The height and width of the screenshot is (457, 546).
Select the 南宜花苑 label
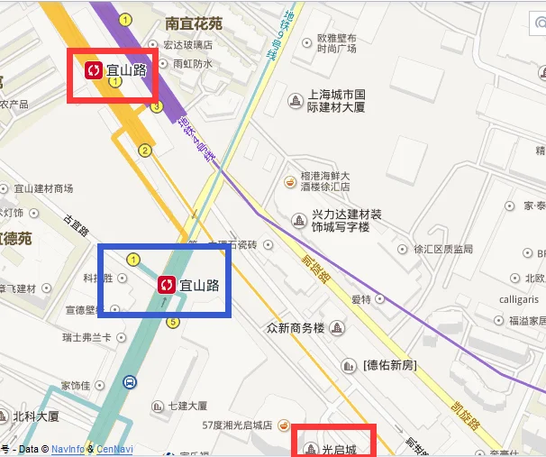(194, 24)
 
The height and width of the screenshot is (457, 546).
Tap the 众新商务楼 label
(295, 327)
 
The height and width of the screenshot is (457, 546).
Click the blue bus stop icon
(131, 382)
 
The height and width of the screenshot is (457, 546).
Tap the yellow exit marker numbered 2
(144, 150)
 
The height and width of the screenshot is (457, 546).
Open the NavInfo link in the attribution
(68, 448)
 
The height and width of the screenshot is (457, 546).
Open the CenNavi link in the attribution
(114, 448)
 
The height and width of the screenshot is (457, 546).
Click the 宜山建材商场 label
(43, 189)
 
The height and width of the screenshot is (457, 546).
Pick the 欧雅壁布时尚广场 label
(336, 44)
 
